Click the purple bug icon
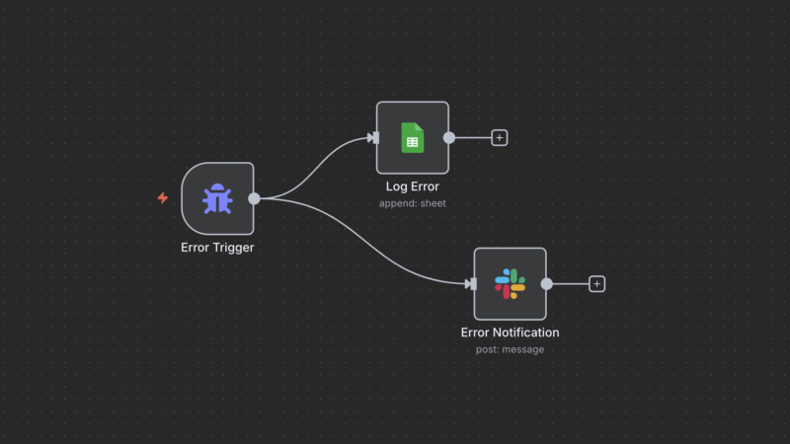tap(217, 198)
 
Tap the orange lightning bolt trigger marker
tap(163, 197)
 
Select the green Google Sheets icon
tap(412, 137)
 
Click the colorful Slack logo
tap(510, 284)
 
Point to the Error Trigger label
tap(217, 248)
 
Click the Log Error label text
tap(412, 186)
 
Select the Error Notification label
tap(510, 333)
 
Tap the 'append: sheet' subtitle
tap(412, 203)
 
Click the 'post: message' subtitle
tap(510, 349)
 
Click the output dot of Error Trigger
tap(254, 198)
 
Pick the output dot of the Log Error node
tap(449, 137)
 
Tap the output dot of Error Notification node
tap(546, 284)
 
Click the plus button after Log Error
tap(500, 137)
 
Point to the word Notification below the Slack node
tap(526, 333)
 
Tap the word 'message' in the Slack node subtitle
tap(523, 349)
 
